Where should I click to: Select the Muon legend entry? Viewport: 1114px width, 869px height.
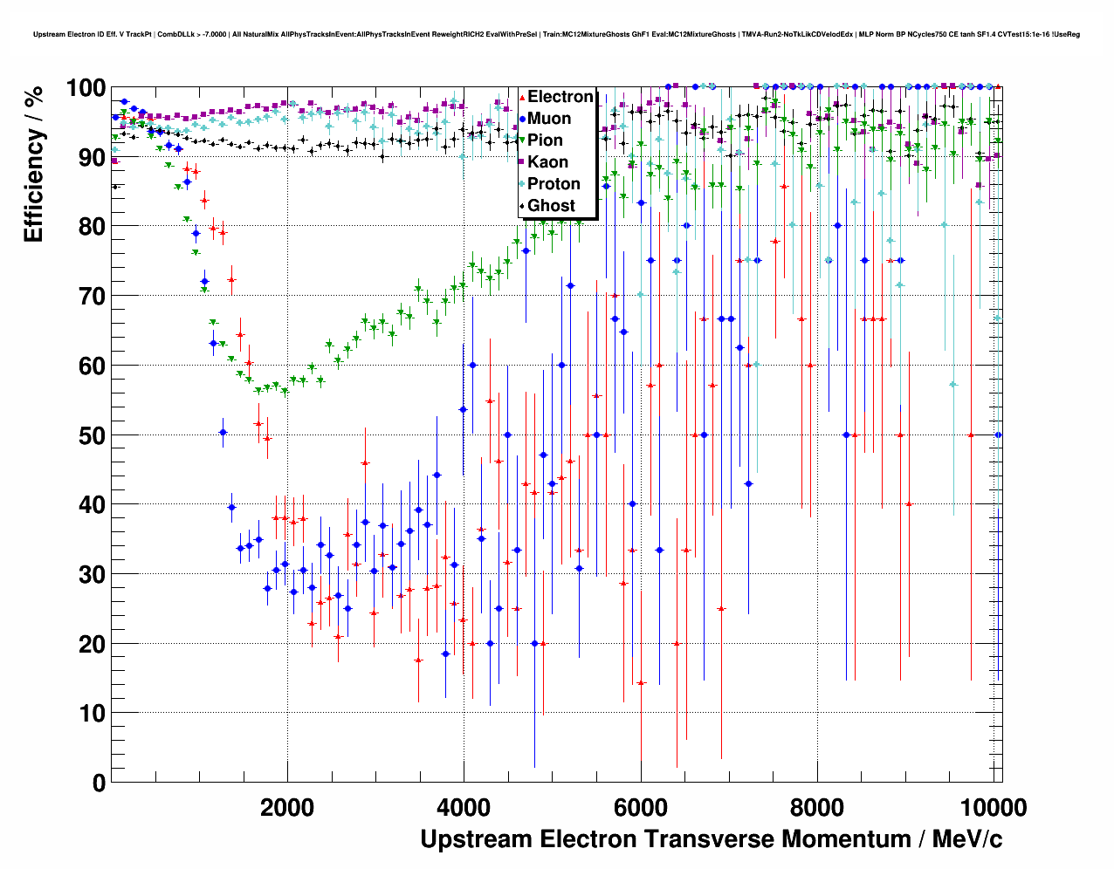pyautogui.click(x=549, y=119)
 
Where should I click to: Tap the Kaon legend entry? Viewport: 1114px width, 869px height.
pyautogui.click(x=547, y=162)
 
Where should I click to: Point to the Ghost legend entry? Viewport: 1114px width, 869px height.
pyautogui.click(x=551, y=206)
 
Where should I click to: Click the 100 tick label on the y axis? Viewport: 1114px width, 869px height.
pyautogui.click(x=86, y=88)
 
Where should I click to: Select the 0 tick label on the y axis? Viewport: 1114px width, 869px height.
pyautogui.click(x=99, y=783)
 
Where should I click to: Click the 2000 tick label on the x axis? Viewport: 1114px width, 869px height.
pyautogui.click(x=287, y=807)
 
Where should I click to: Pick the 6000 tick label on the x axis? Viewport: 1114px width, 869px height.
pyautogui.click(x=641, y=807)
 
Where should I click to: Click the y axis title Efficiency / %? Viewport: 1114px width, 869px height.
pyautogui.click(x=33, y=166)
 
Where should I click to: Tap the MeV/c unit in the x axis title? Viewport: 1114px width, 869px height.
pyautogui.click(x=966, y=839)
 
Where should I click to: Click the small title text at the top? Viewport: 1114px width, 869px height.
pyautogui.click(x=556, y=34)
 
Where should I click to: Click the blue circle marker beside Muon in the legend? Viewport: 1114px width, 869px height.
pyautogui.click(x=522, y=119)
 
